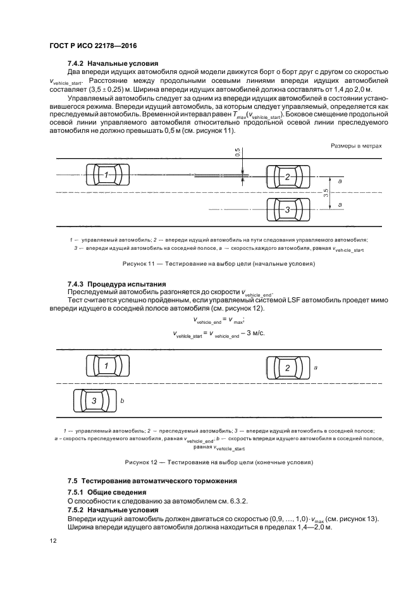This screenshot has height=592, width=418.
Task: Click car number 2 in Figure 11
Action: pos(287,177)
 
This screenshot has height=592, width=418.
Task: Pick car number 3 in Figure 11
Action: pos(287,209)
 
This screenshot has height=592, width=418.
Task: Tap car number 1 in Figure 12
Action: pos(107,366)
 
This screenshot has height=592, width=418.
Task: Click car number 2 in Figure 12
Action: pos(287,367)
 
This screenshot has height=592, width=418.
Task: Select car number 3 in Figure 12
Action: pos(94,400)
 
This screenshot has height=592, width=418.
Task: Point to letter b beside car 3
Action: pos(122,401)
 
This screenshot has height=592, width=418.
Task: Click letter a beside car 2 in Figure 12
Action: pos(315,367)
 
